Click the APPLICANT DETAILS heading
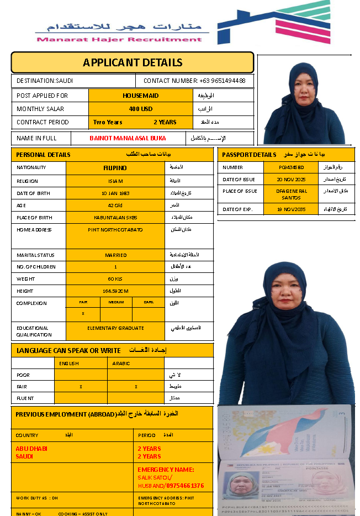[x=133, y=62]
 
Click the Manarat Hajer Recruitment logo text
[x=119, y=39]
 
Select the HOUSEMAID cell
[x=140, y=96]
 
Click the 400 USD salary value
[x=141, y=109]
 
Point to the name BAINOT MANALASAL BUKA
[x=128, y=138]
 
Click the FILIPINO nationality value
[x=115, y=167]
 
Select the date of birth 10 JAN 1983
[x=115, y=193]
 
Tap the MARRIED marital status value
[x=115, y=255]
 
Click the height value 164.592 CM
[x=115, y=291]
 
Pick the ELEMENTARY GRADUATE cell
[x=115, y=328]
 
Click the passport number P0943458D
[x=291, y=167]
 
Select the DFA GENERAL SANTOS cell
[x=291, y=194]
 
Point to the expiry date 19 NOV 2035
[x=291, y=209]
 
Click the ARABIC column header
[x=121, y=364]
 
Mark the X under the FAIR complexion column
[x=83, y=314]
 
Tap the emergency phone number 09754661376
[x=183, y=486]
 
